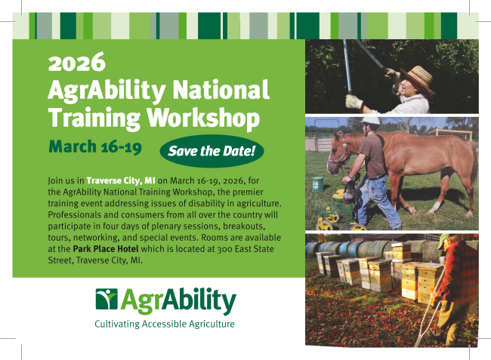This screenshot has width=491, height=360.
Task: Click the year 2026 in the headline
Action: coord(77,62)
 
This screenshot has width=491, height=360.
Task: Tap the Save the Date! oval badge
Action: coord(212,151)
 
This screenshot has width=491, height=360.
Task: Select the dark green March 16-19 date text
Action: coord(95,146)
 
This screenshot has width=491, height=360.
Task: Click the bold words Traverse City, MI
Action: coord(121,181)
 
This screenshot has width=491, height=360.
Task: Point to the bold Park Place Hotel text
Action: coord(106,249)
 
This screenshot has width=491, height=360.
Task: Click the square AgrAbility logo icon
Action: coord(107,299)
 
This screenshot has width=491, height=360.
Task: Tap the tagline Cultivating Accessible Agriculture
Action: coord(165,324)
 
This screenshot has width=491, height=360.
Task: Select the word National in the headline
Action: coord(221,90)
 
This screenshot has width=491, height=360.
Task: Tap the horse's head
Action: coord(338,153)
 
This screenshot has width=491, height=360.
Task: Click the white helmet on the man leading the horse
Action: coord(370,121)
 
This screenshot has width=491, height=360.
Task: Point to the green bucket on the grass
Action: coord(317,184)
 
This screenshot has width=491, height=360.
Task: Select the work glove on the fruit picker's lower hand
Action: coord(354,102)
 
